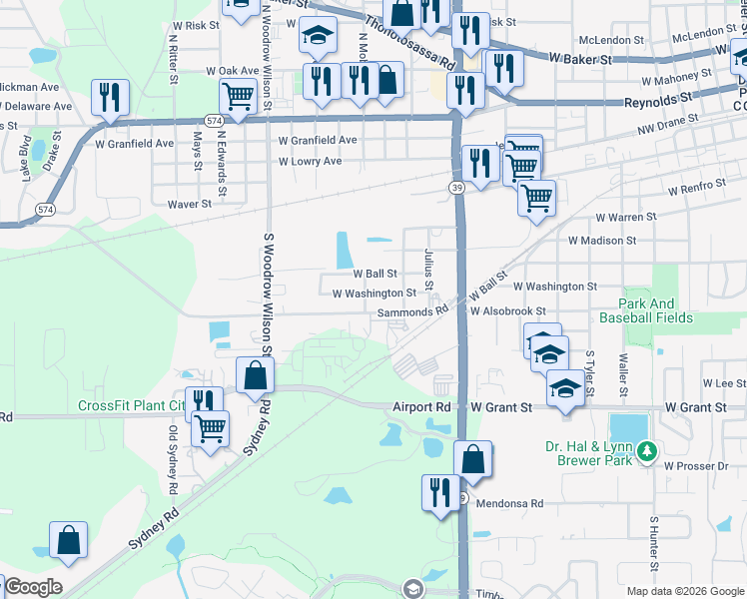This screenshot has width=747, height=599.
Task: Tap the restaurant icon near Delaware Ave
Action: coord(109,97)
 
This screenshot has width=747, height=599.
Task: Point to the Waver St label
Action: coord(190,204)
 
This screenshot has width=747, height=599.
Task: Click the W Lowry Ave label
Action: coord(310,161)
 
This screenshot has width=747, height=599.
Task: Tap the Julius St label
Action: coord(428,270)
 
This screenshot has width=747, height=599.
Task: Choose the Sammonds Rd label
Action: coord(412,311)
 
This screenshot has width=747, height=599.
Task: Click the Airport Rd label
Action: coord(421,407)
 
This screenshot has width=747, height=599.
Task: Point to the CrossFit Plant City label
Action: coord(130,406)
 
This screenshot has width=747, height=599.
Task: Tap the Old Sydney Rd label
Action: coord(173,459)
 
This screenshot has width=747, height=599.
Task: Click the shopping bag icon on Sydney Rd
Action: coord(255,376)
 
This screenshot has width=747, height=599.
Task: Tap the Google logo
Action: coord(33,587)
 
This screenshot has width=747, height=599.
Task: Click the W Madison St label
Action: coord(602,241)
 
